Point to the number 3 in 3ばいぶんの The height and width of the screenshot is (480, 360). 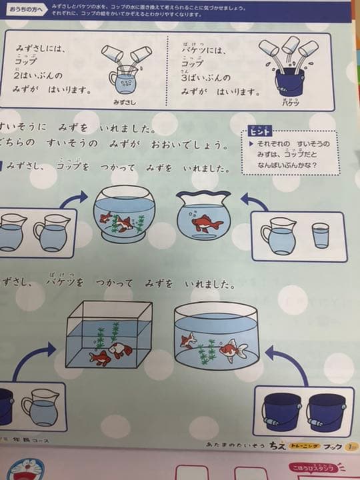[x=186, y=77]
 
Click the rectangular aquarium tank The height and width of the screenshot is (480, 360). [x=109, y=335]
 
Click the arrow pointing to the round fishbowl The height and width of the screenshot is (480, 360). [x=74, y=198]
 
